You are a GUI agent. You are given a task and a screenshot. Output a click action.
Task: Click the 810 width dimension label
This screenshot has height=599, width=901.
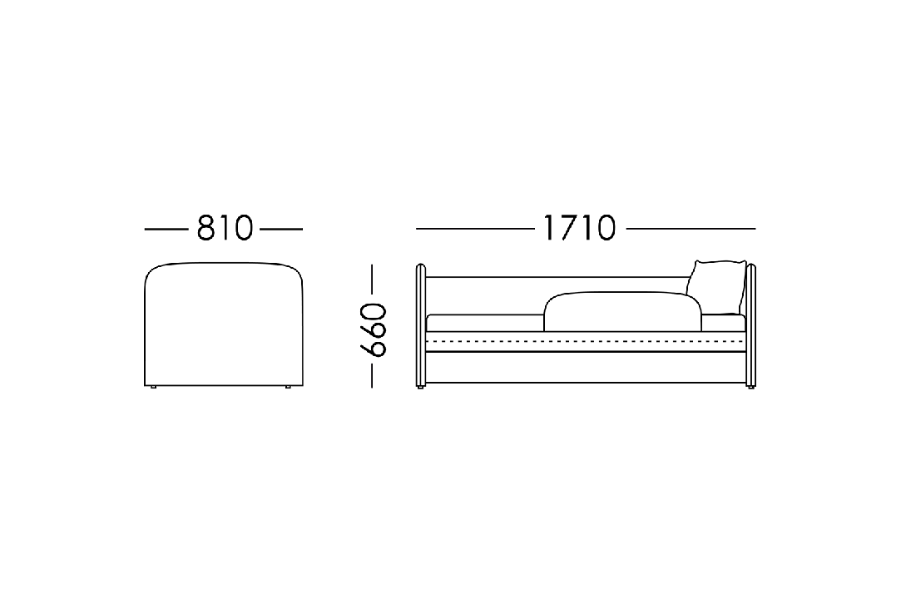(x=225, y=228)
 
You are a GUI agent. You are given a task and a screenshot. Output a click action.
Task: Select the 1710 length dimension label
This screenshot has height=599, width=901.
(x=579, y=228)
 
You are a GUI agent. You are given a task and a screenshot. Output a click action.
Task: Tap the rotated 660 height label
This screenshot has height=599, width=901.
(x=373, y=330)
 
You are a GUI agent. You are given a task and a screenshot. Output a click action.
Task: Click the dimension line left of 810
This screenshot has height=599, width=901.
(x=166, y=230)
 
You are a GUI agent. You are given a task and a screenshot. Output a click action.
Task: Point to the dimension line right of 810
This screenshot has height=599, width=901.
(x=281, y=230)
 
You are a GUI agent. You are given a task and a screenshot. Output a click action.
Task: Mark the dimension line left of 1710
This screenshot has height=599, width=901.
(x=476, y=229)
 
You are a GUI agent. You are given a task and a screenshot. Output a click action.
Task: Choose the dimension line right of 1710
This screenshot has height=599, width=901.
(x=691, y=229)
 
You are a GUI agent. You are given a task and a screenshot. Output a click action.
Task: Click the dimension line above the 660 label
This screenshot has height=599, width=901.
(x=373, y=282)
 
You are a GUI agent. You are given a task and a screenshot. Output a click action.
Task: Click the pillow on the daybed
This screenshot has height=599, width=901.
(x=716, y=287)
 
